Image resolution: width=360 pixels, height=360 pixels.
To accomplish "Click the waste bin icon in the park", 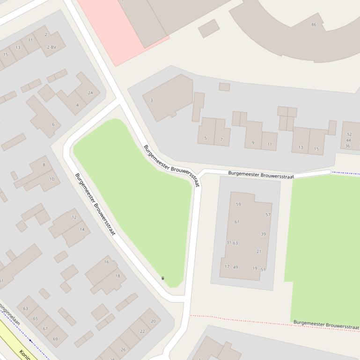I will click(x=163, y=278).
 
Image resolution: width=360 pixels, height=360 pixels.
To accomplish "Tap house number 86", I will click(x=314, y=24).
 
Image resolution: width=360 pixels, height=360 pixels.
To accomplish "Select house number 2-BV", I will click(x=51, y=47).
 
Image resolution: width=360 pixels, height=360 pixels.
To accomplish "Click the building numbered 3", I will click(x=151, y=100).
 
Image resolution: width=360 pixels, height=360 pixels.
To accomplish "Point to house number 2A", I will click(x=90, y=93).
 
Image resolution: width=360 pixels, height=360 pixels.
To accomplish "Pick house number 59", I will click(x=238, y=204).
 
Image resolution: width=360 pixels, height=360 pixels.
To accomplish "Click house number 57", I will click(x=268, y=215).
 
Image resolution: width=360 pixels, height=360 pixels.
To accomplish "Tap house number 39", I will click(x=263, y=234).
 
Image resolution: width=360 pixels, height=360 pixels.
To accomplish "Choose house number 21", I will click(x=259, y=252).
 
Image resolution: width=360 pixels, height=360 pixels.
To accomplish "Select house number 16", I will click(x=106, y=262).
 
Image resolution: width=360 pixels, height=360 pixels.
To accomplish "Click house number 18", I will click(x=118, y=276).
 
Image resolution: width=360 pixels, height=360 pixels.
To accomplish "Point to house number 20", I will click(x=153, y=321).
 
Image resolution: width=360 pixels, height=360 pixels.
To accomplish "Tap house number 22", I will click(x=142, y=331).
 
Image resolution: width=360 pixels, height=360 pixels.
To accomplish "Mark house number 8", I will click(x=44, y=165).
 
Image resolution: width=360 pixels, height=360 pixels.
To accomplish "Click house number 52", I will click(x=349, y=135).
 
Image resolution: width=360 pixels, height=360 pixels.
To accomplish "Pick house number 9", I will click(x=253, y=143).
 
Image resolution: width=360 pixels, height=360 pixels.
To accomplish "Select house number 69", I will click(x=55, y=339).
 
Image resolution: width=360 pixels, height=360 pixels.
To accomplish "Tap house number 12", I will click(x=74, y=217).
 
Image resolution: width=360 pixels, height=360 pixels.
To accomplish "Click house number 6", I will click(x=53, y=124).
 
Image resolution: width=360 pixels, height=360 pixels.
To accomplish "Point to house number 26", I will click(x=123, y=349).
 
